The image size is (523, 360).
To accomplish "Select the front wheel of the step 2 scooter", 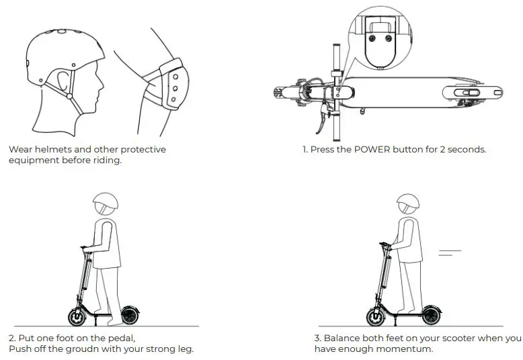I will tap(78, 316).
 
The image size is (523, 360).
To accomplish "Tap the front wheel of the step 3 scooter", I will tap(377, 316).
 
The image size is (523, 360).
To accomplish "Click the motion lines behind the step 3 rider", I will tap(450, 253).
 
